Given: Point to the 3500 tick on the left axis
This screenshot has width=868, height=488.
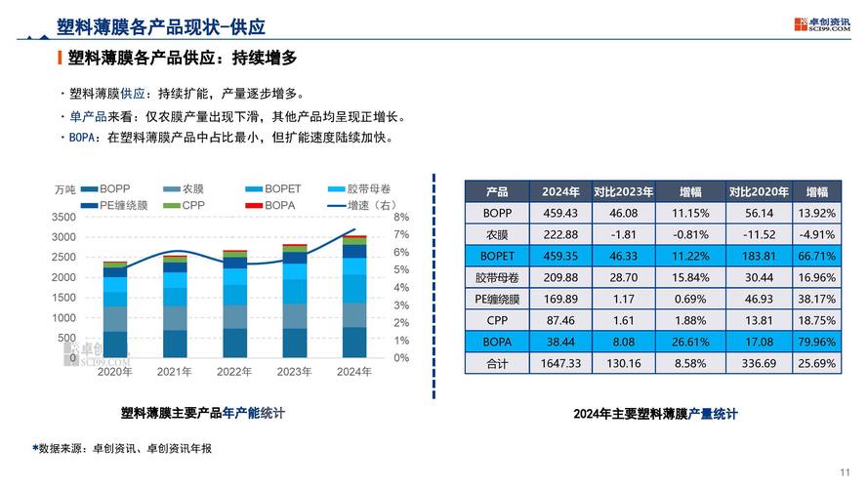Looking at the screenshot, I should coord(63,217).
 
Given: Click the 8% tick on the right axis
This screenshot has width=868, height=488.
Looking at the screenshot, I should coord(401,217).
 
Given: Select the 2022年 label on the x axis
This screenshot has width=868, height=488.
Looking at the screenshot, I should coord(234,371).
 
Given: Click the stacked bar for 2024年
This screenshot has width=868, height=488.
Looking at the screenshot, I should coord(353,298).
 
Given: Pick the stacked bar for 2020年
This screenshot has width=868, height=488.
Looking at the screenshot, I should coord(115,310).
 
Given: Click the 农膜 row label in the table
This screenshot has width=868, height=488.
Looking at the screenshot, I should coord(497,234).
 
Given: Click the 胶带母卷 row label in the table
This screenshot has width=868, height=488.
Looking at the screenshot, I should coord(497,277).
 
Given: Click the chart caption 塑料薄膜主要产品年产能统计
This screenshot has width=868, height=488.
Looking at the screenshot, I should coord(202,413).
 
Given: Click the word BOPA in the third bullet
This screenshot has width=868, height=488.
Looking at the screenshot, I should coord(84,138).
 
